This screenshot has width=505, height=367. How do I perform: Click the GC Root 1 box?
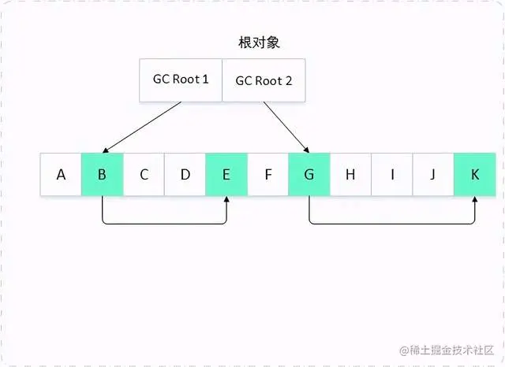pos(181,80)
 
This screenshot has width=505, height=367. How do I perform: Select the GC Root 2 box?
pos(264,80)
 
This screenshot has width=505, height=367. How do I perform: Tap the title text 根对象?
pos(259,43)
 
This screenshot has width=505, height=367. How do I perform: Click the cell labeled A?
pos(61,174)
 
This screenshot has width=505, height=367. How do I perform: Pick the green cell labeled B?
pos(102,174)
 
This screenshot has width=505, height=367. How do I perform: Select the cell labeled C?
pos(144,174)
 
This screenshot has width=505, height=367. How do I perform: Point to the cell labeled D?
pos(185,174)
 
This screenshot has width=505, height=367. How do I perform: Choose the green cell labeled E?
pos(226,174)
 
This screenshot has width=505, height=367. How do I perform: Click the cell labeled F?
pos(268,174)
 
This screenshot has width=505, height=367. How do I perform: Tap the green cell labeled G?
pos(309,174)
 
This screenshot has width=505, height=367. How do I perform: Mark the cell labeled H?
pos(350,174)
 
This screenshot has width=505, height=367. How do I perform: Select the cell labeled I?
pos(392,174)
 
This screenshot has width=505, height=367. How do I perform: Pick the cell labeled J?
pos(433,174)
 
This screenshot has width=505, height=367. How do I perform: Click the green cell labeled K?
pos(475,174)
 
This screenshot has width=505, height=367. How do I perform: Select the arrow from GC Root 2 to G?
pos(284,126)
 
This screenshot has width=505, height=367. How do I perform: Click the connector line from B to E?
pos(164,224)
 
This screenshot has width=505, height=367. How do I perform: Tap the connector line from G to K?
pos(392,224)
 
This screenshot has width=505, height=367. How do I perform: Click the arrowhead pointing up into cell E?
pos(226,200)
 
